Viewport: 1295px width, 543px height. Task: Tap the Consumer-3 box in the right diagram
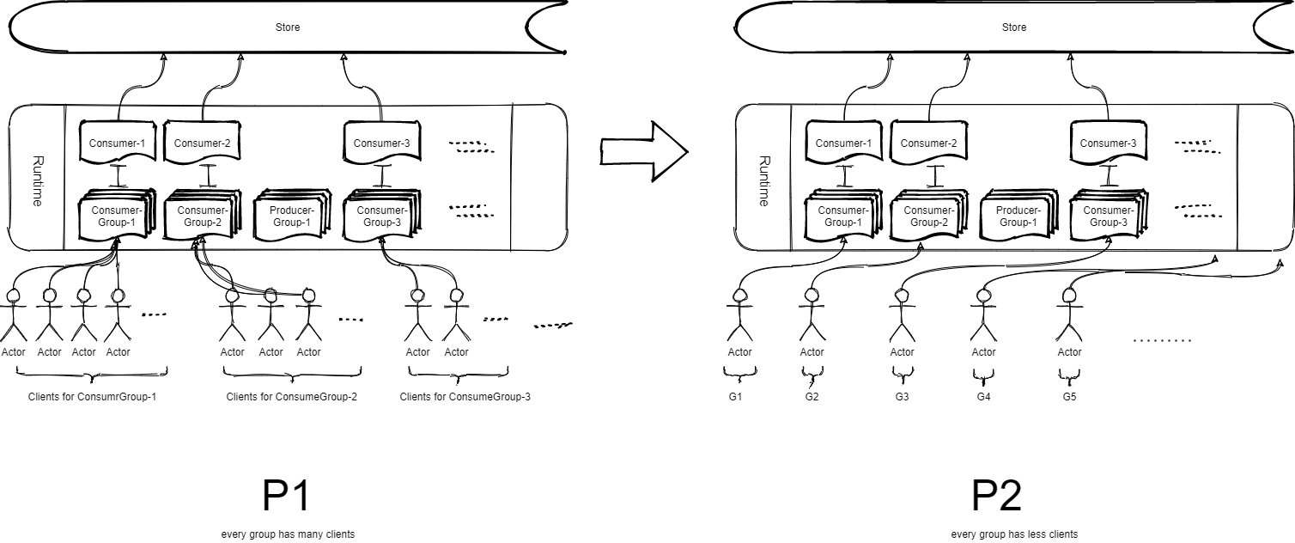1109,143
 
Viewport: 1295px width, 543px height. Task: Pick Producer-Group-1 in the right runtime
1016,217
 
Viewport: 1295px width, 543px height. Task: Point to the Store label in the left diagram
288,27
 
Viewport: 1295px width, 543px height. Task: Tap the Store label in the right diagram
1014,27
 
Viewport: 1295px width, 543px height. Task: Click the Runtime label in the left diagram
37,180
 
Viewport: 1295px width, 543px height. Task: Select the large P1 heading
285,497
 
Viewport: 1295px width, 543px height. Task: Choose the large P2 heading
996,497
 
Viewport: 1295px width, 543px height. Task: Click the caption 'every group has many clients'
288,534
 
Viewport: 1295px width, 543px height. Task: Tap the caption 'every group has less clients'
1014,534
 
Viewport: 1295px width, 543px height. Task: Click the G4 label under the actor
984,397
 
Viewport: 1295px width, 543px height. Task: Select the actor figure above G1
739,318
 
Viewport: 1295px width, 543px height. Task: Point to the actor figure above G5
1069,318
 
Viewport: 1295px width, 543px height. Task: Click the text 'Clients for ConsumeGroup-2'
292,397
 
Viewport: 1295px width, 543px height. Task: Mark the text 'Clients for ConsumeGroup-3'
465,397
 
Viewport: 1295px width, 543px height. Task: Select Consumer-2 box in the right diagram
930,143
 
